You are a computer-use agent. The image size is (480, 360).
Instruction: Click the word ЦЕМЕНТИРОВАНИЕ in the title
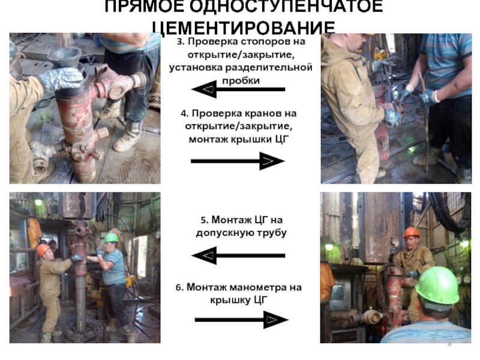click(x=244, y=28)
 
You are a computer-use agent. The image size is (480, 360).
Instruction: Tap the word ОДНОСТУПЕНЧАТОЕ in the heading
click(x=286, y=6)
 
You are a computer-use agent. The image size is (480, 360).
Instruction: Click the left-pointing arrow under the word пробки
click(x=238, y=89)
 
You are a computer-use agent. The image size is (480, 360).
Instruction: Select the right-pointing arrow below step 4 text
click(x=238, y=161)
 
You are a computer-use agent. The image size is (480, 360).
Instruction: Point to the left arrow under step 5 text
click(x=238, y=256)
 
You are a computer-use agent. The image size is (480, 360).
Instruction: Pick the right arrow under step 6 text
click(x=242, y=320)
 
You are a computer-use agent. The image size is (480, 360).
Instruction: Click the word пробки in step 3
click(x=241, y=81)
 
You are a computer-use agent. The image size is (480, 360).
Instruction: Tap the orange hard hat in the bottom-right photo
click(x=412, y=232)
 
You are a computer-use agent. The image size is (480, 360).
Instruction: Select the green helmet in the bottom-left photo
click(x=111, y=238)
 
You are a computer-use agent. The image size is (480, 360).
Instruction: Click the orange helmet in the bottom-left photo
click(x=43, y=250)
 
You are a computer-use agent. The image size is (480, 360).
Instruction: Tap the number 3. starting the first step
click(x=181, y=42)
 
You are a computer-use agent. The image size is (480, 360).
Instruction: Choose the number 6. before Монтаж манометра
click(x=179, y=288)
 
